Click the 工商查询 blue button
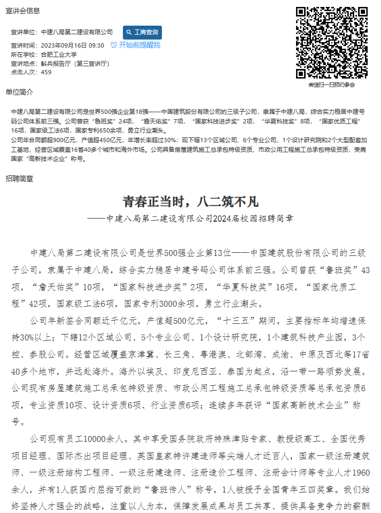(x=142, y=33)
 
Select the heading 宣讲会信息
(x=22, y=11)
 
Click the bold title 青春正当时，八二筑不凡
(x=190, y=201)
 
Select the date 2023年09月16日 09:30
(x=72, y=45)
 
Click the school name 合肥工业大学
(x=59, y=55)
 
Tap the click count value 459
(x=46, y=72)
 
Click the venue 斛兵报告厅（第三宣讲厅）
(x=75, y=63)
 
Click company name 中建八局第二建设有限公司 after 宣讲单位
(x=77, y=33)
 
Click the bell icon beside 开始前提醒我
(x=113, y=45)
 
